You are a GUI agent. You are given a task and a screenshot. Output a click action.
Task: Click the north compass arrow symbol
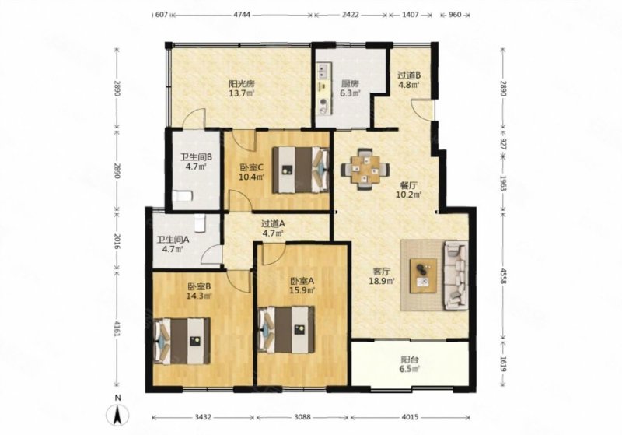[x=117, y=415]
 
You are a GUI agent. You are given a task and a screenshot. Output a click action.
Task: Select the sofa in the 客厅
[x=456, y=275]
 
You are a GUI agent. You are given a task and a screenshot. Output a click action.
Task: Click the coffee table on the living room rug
[x=423, y=275]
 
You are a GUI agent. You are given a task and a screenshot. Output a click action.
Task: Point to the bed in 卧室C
[x=301, y=170]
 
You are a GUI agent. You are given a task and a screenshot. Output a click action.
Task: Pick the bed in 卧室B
[x=182, y=341]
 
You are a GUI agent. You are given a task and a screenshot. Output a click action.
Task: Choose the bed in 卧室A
[x=286, y=329]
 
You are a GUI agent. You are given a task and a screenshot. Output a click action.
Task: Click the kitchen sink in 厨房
[x=323, y=72]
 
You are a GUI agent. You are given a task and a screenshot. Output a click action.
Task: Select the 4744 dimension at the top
[x=242, y=15]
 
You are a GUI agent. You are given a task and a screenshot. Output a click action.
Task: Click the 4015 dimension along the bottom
[x=411, y=417]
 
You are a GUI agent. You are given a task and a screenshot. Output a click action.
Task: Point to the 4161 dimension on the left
[x=117, y=329]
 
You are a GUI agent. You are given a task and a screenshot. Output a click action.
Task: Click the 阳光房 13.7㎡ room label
[x=241, y=89]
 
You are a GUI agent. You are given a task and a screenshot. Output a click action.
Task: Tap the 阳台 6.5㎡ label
[x=409, y=364]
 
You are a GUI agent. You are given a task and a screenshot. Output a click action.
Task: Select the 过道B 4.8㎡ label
[x=409, y=79]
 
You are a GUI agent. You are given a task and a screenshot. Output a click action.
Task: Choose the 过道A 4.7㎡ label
[x=273, y=228]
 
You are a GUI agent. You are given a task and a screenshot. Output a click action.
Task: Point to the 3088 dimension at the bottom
[x=303, y=417]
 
